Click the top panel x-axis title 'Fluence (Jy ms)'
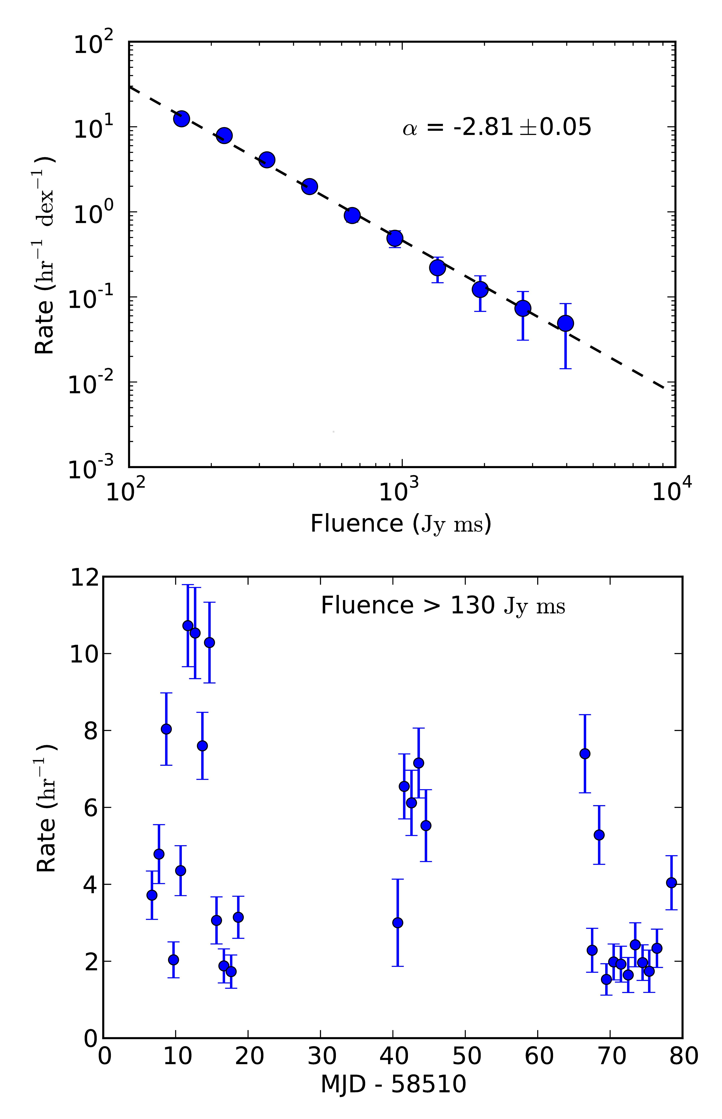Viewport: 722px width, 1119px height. tap(401, 524)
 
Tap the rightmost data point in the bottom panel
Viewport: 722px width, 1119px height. tap(671, 883)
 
